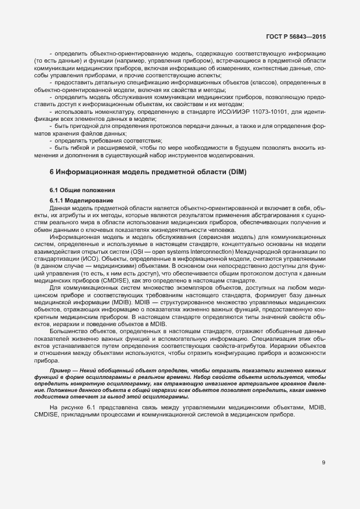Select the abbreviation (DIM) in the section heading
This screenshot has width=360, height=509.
pos(235,173)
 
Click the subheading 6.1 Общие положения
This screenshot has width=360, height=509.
pos(82,190)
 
